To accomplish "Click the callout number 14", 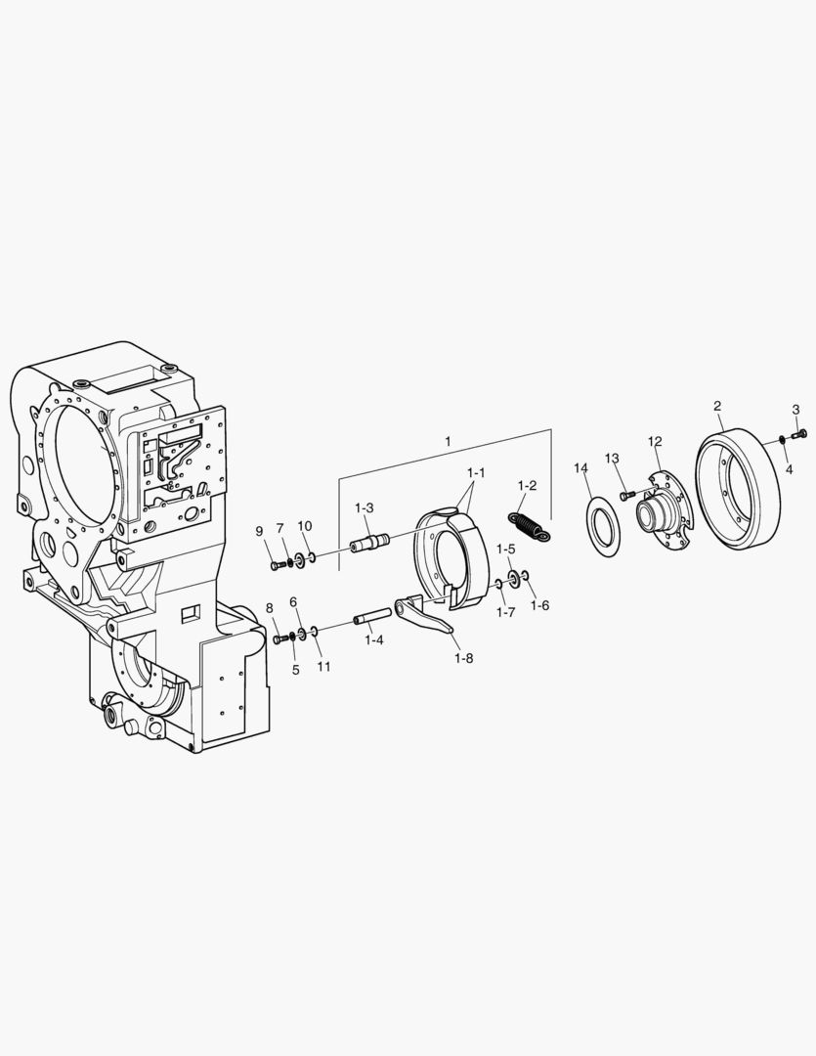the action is tap(581, 468).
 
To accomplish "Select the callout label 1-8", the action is tap(463, 658).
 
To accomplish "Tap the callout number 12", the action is tap(655, 441).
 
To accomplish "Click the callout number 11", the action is tap(323, 667).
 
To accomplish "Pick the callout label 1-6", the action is tap(539, 605).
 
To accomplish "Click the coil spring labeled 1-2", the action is tap(528, 525).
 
